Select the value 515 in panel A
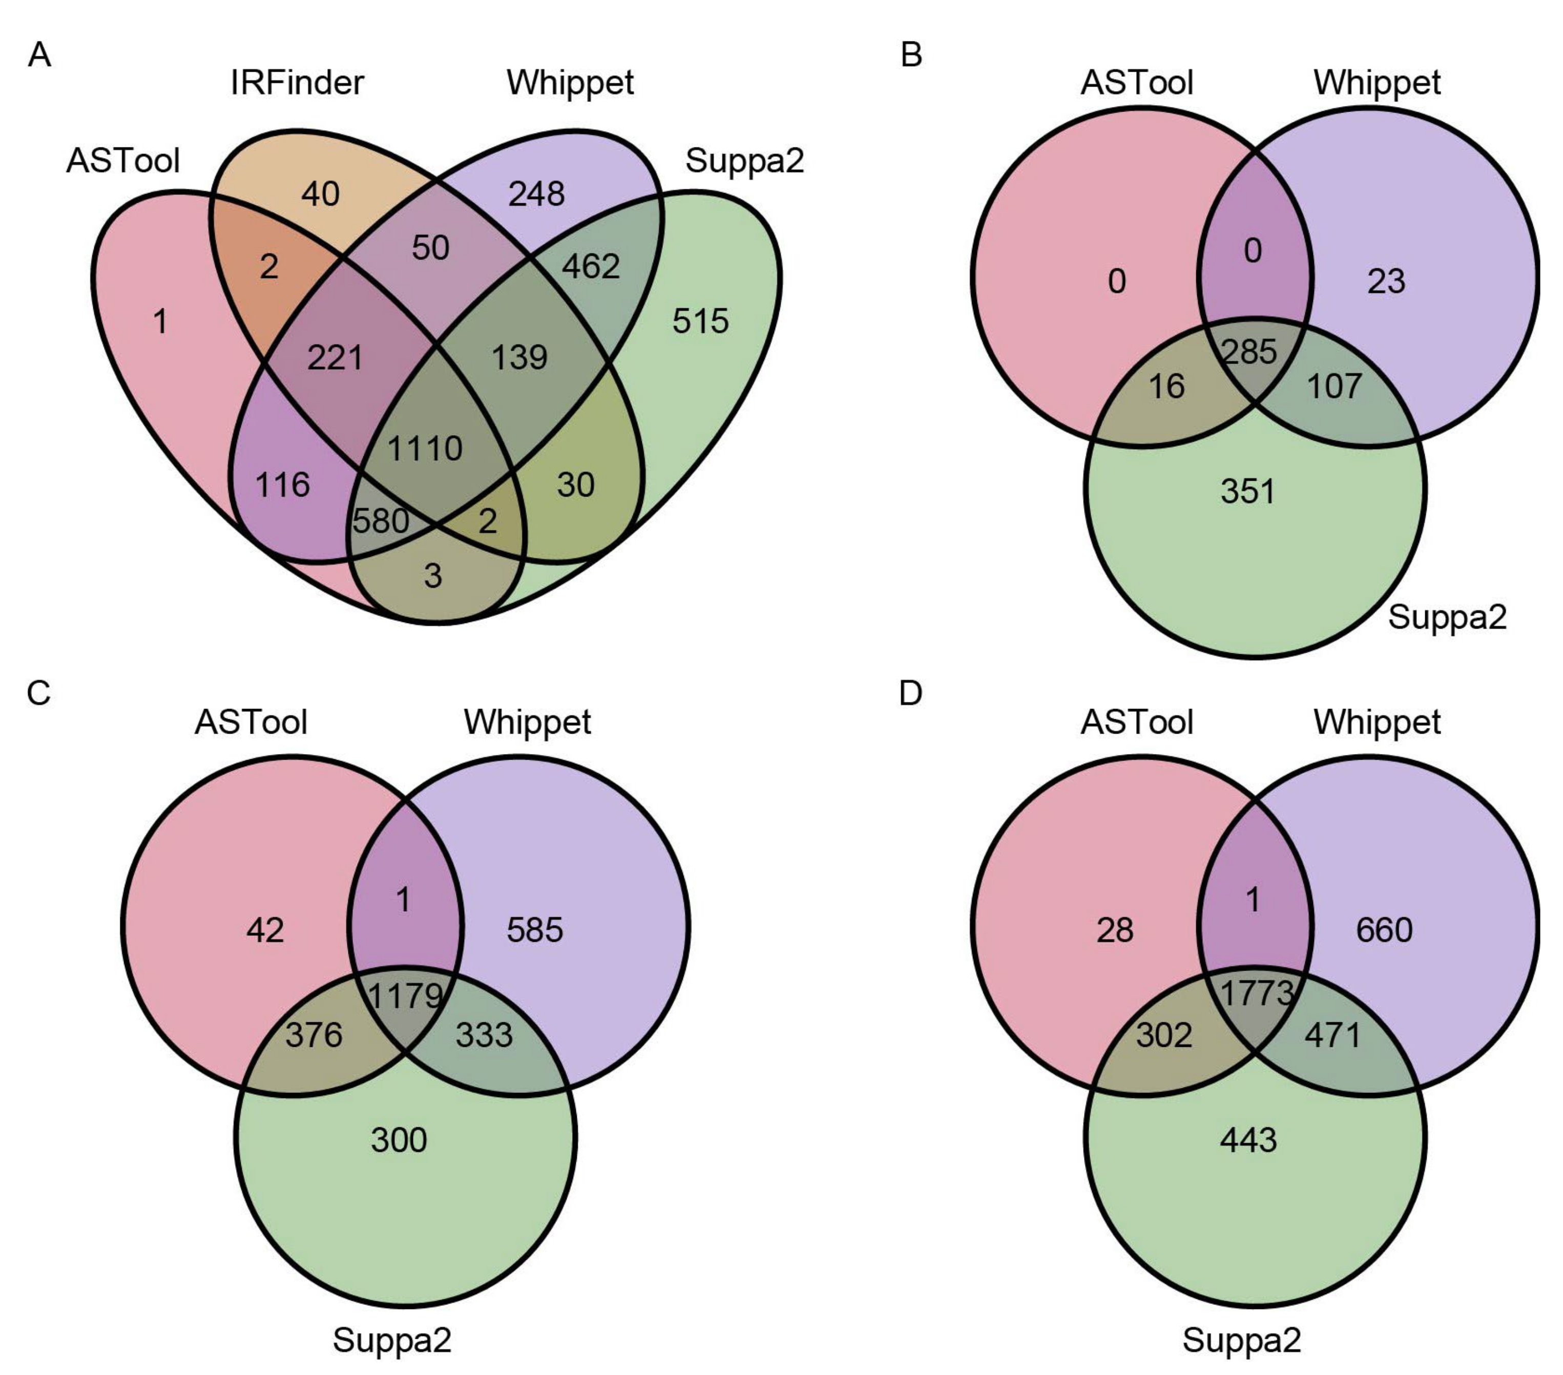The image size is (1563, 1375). tap(700, 321)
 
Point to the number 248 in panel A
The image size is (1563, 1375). tap(537, 194)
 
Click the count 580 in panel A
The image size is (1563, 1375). tap(380, 521)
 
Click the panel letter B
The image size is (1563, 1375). tap(911, 55)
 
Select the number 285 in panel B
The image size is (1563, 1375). tap(1249, 352)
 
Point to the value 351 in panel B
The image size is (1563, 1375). tap(1248, 491)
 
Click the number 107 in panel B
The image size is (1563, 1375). tap(1335, 386)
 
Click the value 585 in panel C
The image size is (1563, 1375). tap(534, 930)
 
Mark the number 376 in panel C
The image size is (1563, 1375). tap(314, 1035)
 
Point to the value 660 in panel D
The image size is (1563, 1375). tap(1384, 930)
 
